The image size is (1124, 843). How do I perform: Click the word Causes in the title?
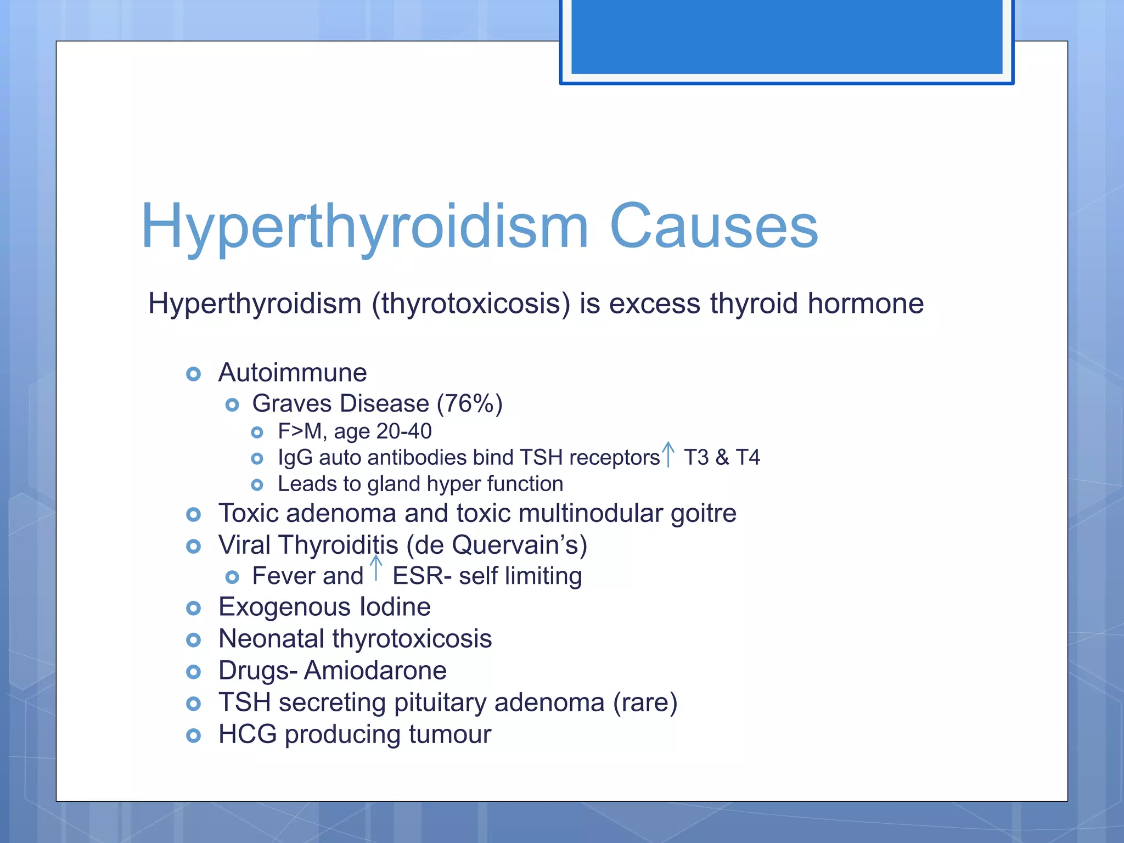713,226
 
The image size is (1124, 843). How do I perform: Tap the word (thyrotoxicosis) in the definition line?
471,304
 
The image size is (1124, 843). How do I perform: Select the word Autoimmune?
293,373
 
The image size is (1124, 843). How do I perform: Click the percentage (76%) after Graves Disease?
469,403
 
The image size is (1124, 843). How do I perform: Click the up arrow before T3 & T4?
668,454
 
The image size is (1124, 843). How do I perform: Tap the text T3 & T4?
721,457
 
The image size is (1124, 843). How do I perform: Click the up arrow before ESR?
376,569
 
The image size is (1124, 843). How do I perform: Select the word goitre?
703,514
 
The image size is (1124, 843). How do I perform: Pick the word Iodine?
395,607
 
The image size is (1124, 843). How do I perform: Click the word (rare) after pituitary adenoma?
645,702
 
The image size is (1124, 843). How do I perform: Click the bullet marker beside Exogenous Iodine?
193,608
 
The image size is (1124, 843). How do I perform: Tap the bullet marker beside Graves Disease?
232,405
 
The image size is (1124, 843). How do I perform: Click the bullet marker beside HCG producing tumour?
193,735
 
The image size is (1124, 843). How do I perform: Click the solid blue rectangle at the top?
786,36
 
